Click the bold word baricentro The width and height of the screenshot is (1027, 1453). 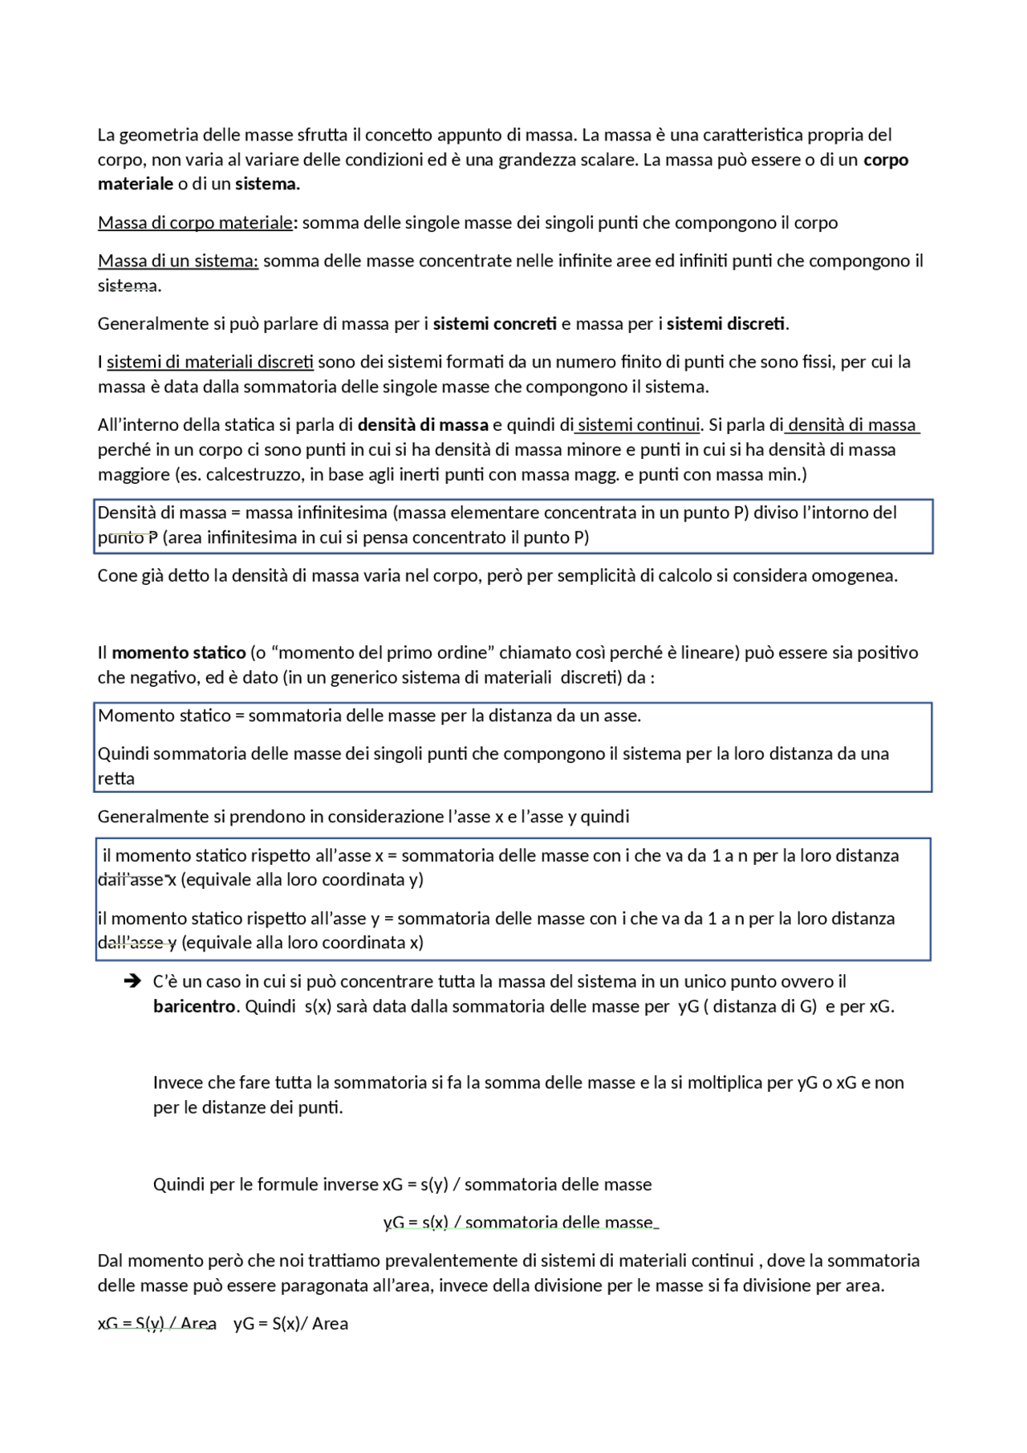click(194, 1006)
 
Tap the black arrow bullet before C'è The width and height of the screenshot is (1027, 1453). click(132, 981)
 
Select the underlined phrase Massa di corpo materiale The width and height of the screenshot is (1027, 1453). click(195, 222)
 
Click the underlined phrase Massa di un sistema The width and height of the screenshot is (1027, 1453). click(177, 261)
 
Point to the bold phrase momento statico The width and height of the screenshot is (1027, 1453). click(179, 652)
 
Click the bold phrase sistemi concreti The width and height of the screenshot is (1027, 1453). click(494, 323)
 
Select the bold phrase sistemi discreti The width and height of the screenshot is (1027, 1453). click(725, 323)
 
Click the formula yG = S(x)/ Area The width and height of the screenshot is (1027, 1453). click(290, 1324)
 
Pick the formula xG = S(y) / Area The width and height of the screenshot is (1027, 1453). click(157, 1324)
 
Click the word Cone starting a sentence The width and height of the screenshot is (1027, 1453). click(116, 575)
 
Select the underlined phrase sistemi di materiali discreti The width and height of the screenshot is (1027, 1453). click(210, 362)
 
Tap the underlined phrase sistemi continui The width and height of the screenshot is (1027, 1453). click(639, 424)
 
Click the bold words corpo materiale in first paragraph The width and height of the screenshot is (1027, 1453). click(886, 160)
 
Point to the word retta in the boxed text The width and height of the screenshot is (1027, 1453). click(116, 778)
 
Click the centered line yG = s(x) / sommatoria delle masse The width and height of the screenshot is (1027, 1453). click(520, 1222)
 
